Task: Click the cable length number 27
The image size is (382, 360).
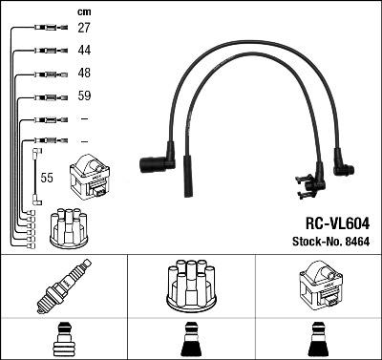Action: (84, 29)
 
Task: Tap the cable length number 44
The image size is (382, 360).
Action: (84, 50)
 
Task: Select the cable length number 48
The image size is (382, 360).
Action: (84, 73)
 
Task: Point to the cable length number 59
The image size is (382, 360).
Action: (84, 95)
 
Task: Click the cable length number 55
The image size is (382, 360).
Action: (46, 178)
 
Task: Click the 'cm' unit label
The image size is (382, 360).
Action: (83, 11)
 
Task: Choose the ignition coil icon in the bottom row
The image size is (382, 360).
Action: (318, 284)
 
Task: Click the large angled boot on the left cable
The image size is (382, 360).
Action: (156, 165)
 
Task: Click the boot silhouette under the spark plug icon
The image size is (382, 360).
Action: (63, 340)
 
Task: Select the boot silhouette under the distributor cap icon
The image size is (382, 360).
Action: (191, 340)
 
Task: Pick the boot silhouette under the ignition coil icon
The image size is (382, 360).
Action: (318, 340)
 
